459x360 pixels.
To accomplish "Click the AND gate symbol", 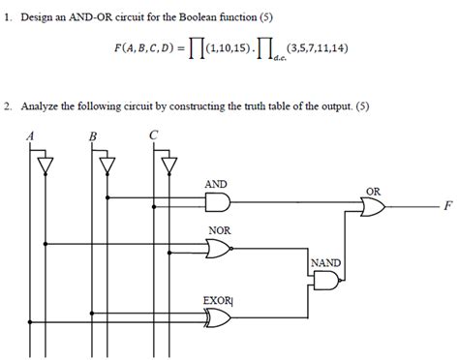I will [218, 200].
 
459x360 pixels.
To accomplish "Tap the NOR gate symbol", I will [220, 250].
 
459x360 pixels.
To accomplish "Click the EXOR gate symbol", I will [218, 317].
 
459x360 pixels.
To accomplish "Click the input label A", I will [31, 135].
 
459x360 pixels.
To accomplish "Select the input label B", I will [93, 135].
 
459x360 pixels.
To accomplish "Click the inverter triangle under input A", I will [43, 165].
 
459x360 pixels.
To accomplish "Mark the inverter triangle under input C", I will [169, 165].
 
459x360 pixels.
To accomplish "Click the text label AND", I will [217, 183].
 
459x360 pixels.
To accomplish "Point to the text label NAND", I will [324, 262].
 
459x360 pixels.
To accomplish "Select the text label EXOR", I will [216, 300].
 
